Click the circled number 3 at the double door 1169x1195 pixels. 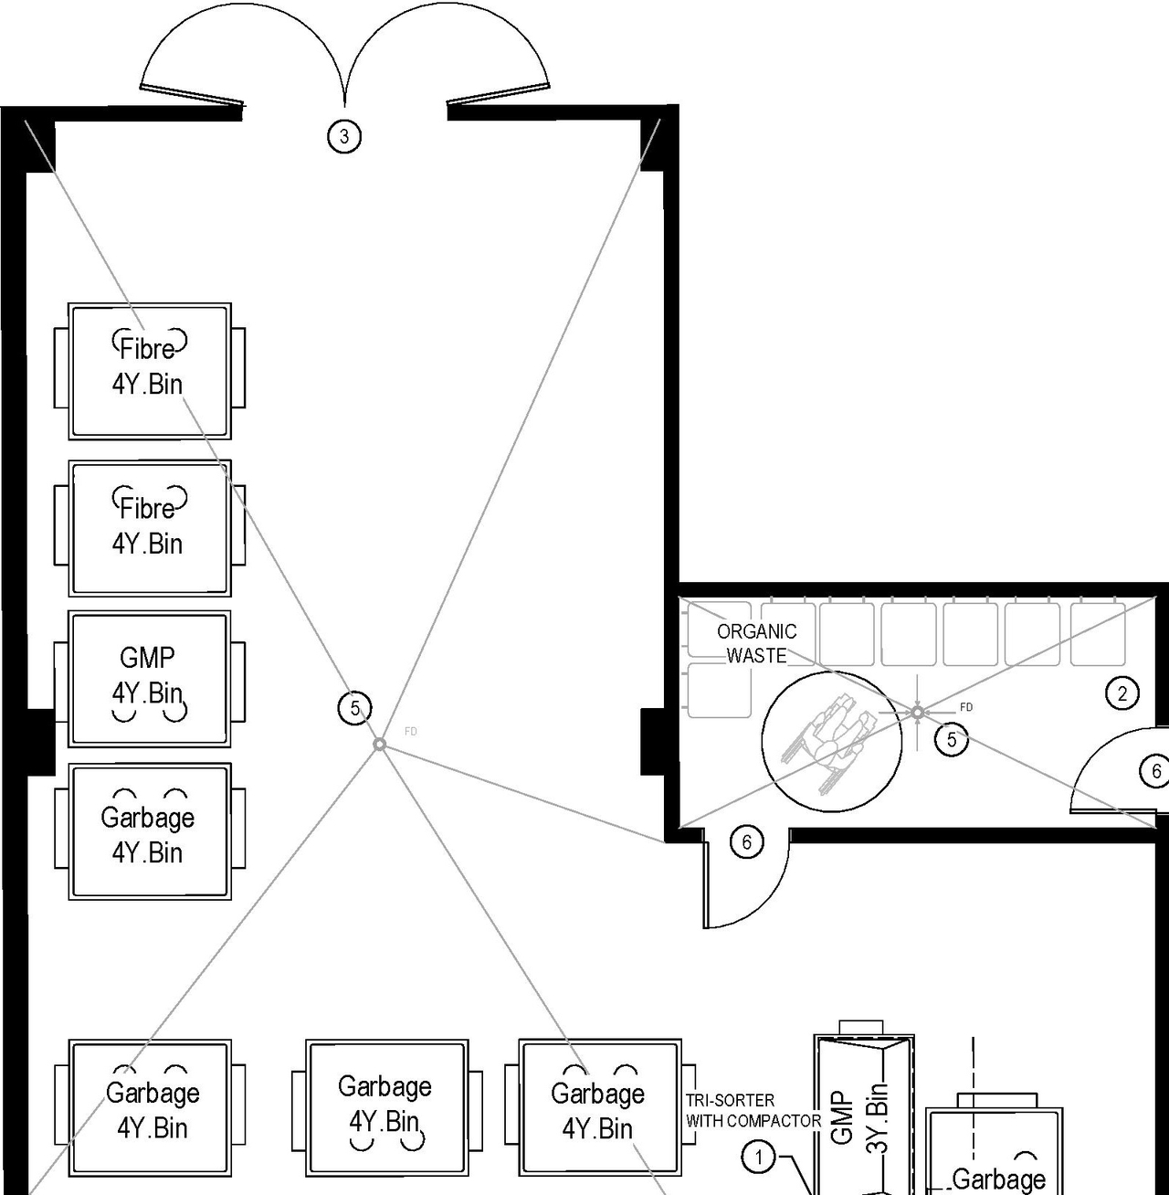[344, 137]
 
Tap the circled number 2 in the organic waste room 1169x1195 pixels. [1122, 693]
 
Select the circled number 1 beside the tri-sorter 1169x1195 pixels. [758, 1158]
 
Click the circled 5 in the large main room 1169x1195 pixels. [355, 707]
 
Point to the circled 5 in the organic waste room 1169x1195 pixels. [952, 739]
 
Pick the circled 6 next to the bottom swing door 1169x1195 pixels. [747, 841]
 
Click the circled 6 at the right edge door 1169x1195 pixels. [1155, 771]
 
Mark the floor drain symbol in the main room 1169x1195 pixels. [379, 746]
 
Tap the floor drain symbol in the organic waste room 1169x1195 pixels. [917, 712]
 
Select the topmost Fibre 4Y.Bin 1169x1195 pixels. [150, 370]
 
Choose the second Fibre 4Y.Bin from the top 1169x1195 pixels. [150, 528]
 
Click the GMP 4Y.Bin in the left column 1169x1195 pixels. [150, 679]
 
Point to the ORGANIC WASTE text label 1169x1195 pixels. [756, 643]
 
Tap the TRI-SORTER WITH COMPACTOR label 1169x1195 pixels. [753, 1110]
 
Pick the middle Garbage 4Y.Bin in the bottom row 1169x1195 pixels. [386, 1106]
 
